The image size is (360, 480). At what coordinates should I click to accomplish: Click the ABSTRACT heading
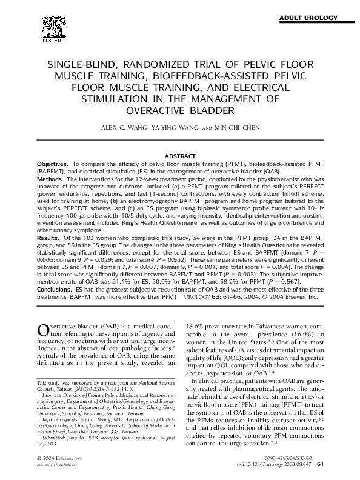180,156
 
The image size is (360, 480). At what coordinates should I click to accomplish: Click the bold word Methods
51,180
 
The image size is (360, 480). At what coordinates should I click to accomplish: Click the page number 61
321,465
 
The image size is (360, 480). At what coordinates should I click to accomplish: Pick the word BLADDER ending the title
204,111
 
